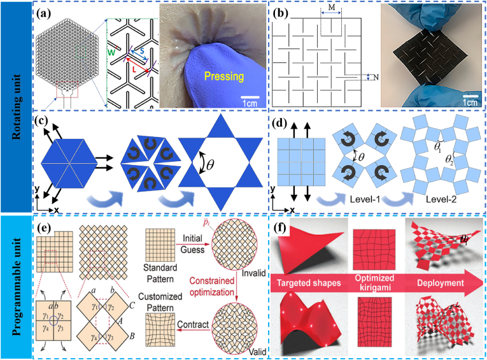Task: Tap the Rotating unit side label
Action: (15, 106)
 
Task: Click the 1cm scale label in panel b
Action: (469, 103)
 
